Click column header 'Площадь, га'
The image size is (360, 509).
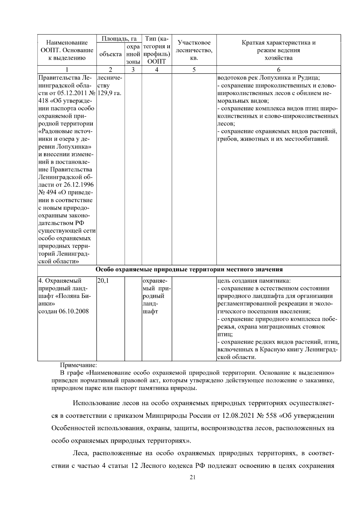119,39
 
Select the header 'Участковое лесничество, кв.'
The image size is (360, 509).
194,50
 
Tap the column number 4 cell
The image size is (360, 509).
157,70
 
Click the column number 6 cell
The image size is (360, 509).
278,70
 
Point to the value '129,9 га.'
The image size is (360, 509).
109,93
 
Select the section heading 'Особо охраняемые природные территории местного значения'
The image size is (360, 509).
189,269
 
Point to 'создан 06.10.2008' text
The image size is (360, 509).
64,311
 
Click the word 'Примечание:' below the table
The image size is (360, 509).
78,365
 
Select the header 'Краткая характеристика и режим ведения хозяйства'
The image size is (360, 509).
278,50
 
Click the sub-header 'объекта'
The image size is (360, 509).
110,54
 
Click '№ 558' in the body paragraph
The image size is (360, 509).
267,416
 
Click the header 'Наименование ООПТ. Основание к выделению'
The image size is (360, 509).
67,50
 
